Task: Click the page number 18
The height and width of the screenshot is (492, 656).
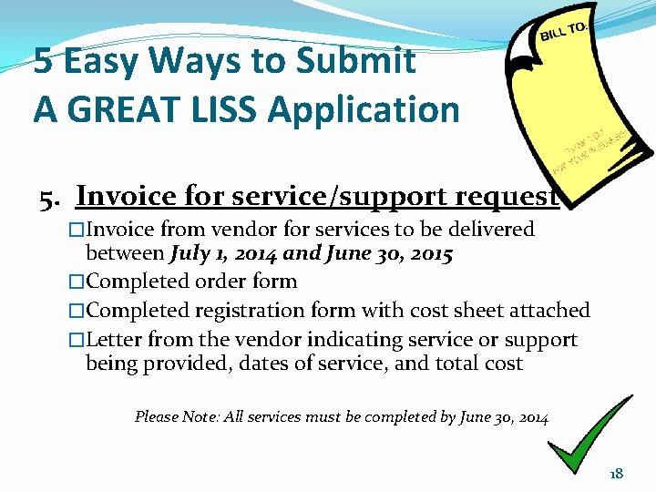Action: [616, 473]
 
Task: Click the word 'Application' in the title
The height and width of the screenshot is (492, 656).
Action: [364, 109]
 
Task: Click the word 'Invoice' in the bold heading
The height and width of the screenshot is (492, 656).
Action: [126, 195]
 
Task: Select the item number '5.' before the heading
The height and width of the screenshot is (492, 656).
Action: [51, 197]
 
